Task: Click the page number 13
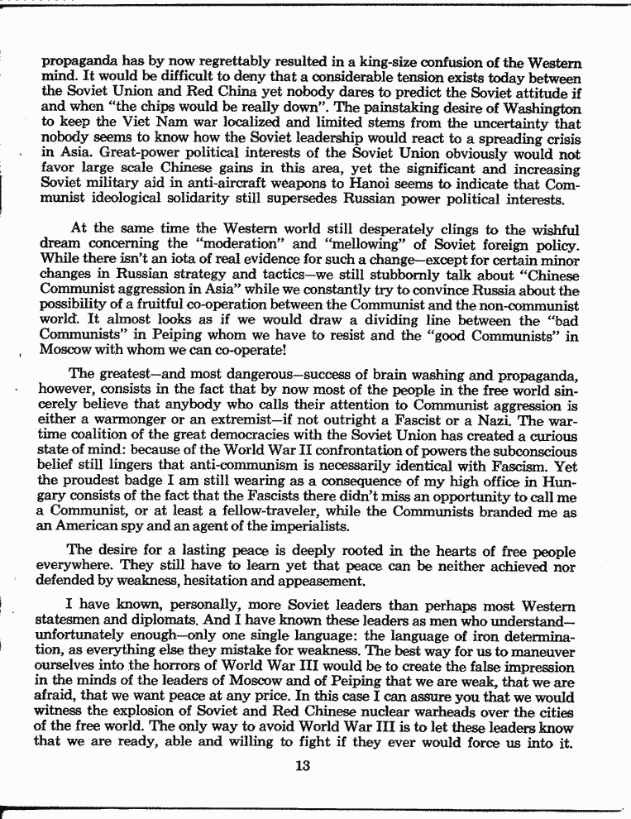[x=301, y=764]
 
